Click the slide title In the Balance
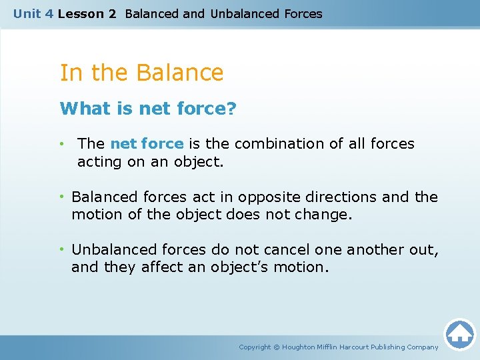[141, 73]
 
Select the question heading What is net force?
[148, 109]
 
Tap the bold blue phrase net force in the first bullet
[147, 143]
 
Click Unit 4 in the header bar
[33, 13]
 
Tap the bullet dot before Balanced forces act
[61, 197]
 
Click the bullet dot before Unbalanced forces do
[61, 249]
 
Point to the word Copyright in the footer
[255, 347]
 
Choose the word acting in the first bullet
[97, 161]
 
